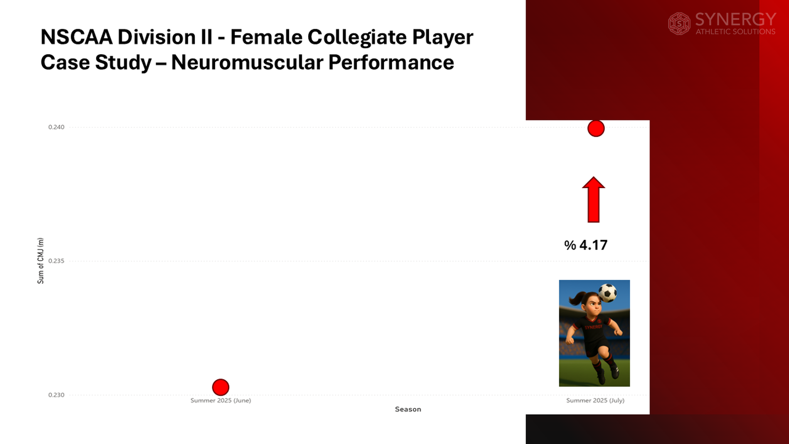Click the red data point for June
tap(220, 387)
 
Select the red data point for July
tap(596, 129)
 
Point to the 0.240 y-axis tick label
tap(56, 127)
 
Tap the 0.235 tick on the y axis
tap(56, 261)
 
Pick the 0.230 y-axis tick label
tap(56, 395)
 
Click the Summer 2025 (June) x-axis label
tap(220, 401)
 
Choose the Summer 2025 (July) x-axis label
tap(595, 401)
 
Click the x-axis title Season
tap(408, 409)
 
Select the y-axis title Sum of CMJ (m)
tap(40, 260)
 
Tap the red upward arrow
tap(593, 200)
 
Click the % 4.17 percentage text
tap(586, 245)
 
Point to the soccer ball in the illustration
tap(608, 293)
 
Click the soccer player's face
tap(593, 307)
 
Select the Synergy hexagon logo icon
tap(679, 24)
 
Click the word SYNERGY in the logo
tap(735, 19)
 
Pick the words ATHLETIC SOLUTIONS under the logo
tap(735, 32)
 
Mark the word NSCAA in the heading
tap(76, 37)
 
